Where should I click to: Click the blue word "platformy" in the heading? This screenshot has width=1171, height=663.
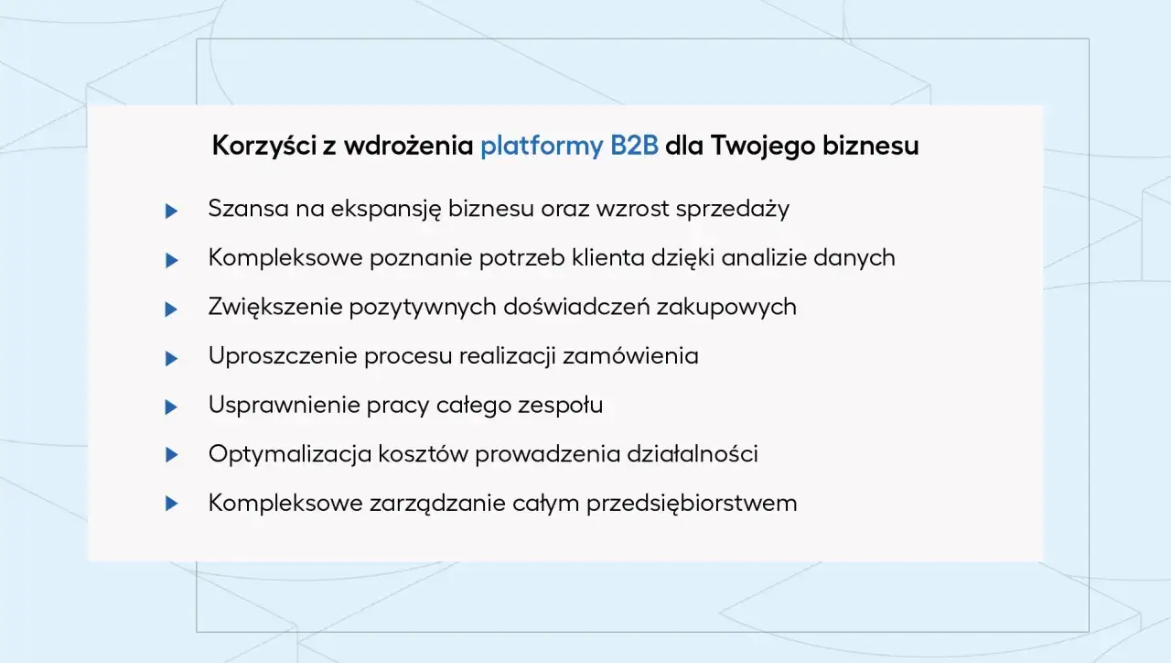[541, 147]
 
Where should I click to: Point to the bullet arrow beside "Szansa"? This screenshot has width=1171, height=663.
[171, 212]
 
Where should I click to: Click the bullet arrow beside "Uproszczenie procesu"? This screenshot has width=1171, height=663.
[171, 359]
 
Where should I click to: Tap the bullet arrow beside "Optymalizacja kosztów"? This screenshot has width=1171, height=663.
[171, 455]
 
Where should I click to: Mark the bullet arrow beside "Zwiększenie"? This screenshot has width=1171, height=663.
[171, 310]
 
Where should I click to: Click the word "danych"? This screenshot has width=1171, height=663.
[857, 258]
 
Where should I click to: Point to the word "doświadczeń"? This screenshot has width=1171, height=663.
[576, 308]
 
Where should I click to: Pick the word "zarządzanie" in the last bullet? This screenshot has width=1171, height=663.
[455, 504]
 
